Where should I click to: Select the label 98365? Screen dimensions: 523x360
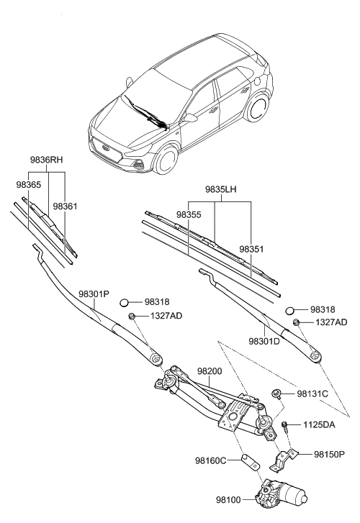point(28,185)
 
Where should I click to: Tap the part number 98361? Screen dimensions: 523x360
point(66,206)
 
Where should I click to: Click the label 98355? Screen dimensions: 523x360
point(189,215)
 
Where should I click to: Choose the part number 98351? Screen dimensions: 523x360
point(252,248)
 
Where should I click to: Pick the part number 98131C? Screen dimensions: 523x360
point(312,394)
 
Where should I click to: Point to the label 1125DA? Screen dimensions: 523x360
point(319,425)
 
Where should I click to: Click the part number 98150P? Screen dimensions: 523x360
point(330,454)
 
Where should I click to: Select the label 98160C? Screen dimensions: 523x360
point(210,460)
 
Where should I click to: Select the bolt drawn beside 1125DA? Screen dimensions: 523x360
point(287,427)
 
